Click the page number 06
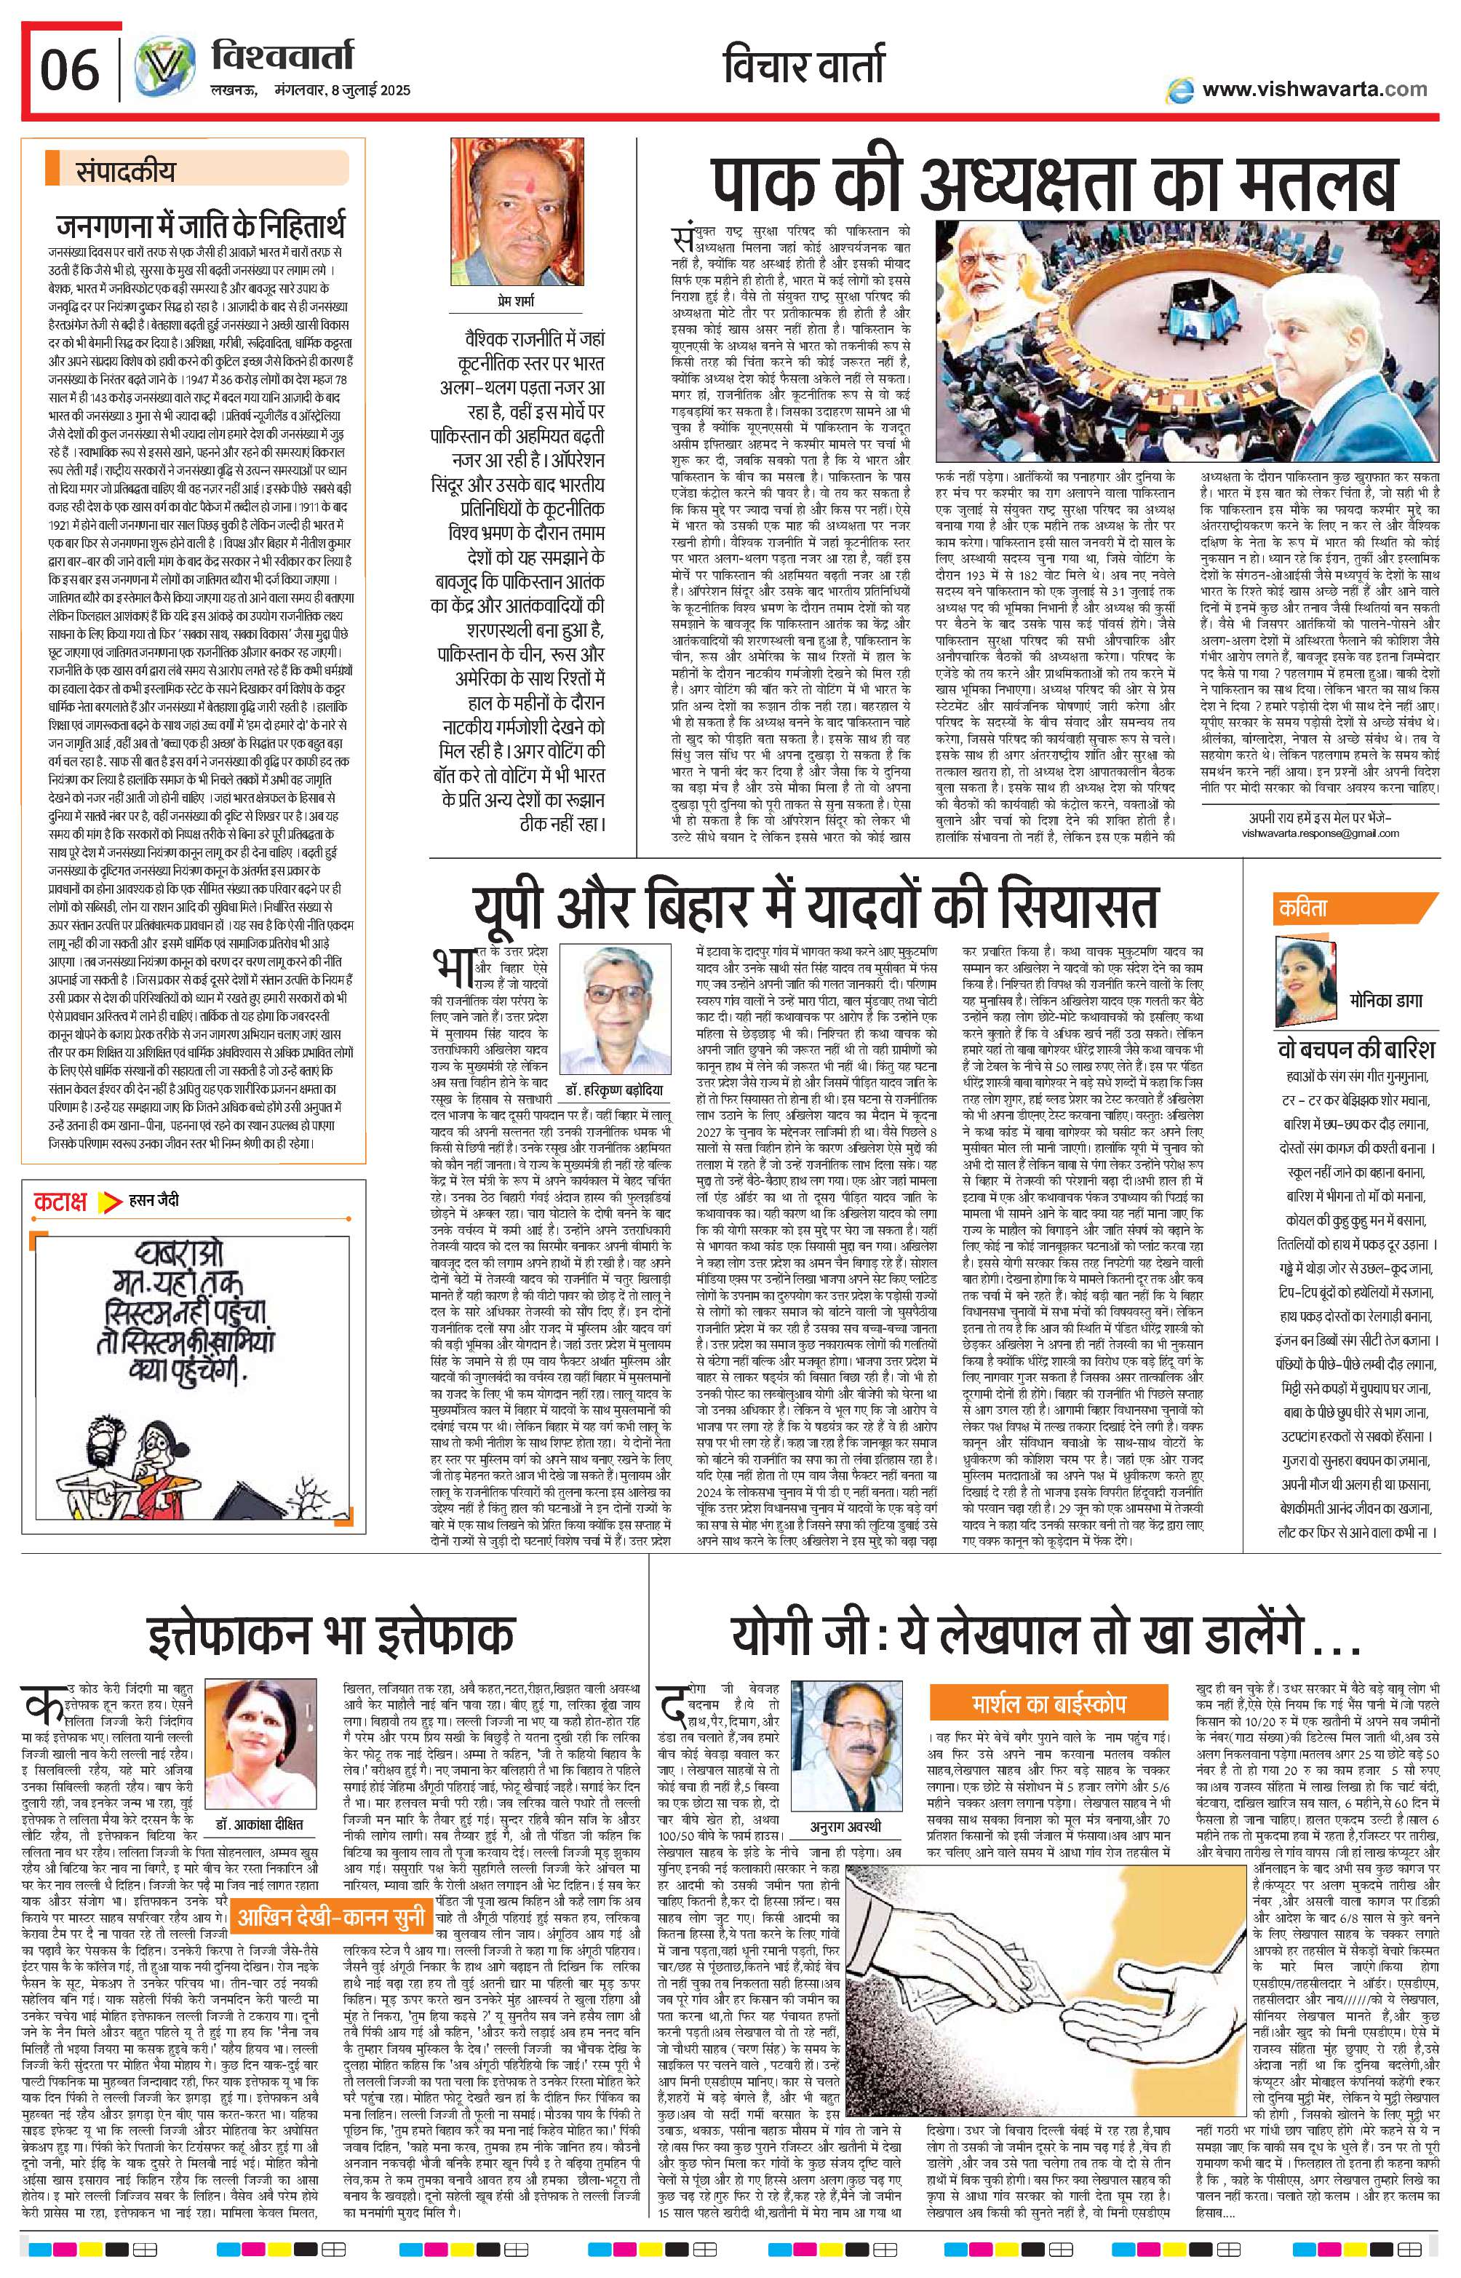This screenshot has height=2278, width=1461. (x=69, y=70)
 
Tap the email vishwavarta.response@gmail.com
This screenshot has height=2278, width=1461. (x=1320, y=833)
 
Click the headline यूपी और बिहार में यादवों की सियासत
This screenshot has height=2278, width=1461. (x=817, y=905)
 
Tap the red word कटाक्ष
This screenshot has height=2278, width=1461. (x=60, y=1201)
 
